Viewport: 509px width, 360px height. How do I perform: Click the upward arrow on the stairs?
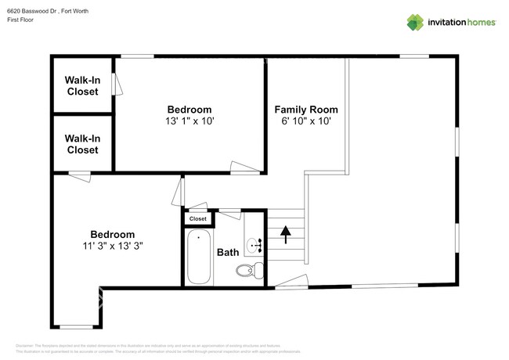(285, 232)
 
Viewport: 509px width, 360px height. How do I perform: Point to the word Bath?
(228, 252)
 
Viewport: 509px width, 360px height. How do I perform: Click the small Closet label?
(198, 219)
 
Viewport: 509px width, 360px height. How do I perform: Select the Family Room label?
(308, 109)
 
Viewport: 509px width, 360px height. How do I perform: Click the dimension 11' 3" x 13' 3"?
(112, 246)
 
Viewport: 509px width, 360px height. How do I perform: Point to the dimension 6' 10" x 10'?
(308, 121)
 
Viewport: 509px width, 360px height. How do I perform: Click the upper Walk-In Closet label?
(82, 85)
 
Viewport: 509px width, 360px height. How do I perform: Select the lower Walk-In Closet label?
(82, 144)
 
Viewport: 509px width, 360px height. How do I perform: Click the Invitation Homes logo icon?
(414, 22)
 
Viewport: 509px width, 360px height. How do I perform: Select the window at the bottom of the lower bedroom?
(76, 326)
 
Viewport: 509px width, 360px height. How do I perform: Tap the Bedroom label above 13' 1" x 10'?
(190, 109)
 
